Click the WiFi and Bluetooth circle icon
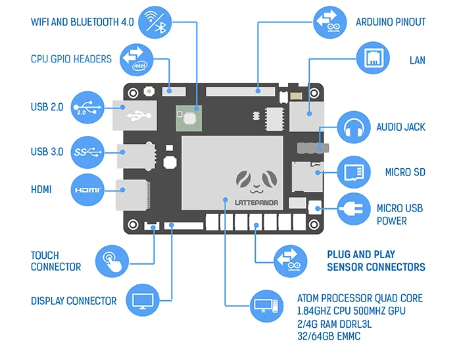(x=155, y=22)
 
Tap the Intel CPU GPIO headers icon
(x=136, y=60)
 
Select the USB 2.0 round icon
(x=87, y=107)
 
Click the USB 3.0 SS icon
(x=87, y=152)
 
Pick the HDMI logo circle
(x=87, y=190)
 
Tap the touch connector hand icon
(x=112, y=261)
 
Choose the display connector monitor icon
(x=143, y=300)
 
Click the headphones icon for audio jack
(x=354, y=127)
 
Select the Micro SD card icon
(x=354, y=172)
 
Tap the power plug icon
(x=354, y=209)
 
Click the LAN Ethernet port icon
(x=373, y=58)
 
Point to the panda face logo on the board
(x=256, y=182)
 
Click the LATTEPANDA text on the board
(x=256, y=202)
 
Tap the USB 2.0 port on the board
(x=135, y=115)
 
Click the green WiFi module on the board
(x=189, y=118)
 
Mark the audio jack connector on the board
(x=313, y=148)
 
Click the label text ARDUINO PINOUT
(x=391, y=22)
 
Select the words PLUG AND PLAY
(x=361, y=254)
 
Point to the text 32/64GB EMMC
(x=329, y=336)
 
